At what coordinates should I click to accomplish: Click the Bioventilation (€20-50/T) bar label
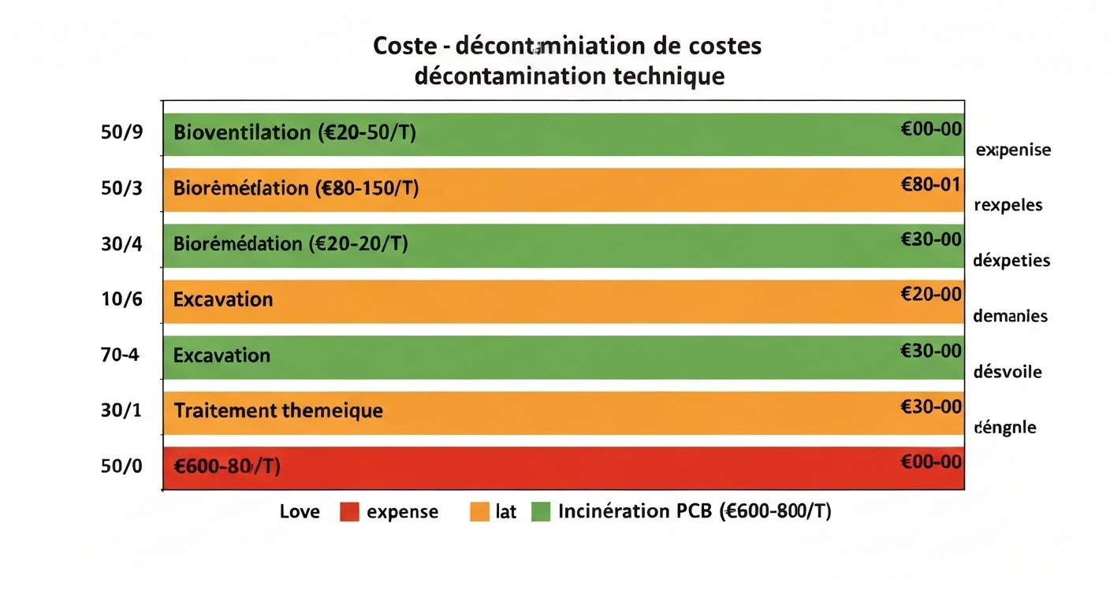pos(294,132)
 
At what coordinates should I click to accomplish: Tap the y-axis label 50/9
pos(121,132)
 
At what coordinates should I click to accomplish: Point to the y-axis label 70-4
pos(120,354)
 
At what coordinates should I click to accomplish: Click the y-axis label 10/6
pos(121,299)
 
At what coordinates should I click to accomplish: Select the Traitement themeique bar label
pos(277,411)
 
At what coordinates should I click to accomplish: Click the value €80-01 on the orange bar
pos(930,184)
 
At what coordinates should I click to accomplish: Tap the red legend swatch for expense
pos(349,512)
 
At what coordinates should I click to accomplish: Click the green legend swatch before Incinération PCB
pos(540,512)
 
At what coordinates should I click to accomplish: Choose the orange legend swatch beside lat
pos(479,512)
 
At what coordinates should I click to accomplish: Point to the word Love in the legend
pos(300,512)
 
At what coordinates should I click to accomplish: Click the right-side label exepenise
pos(1013,150)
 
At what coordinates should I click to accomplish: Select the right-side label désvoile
pos(1008,372)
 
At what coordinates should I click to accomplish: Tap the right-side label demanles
pos(1011,317)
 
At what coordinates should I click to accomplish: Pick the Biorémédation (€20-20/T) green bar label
pos(290,243)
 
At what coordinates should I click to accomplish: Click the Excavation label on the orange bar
pos(223,299)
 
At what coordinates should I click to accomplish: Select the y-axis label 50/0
pos(121,466)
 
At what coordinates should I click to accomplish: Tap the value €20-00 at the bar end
pos(930,295)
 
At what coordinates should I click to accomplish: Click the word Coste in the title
pos(404,46)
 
